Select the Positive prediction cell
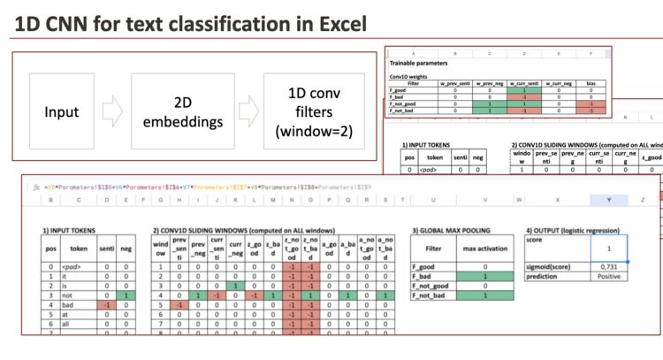pos(610,276)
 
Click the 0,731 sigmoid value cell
pos(610,264)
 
